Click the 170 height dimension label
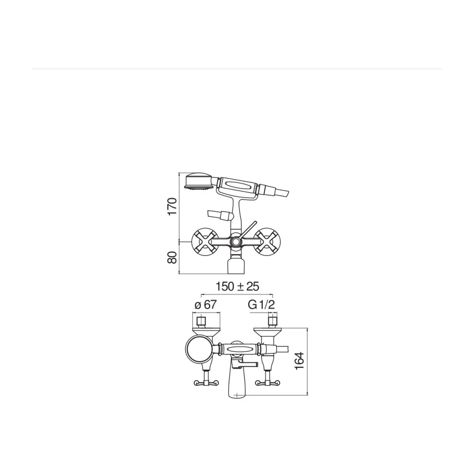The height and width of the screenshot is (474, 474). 172,206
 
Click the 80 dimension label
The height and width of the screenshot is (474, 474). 172,257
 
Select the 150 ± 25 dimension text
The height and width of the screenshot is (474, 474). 237,286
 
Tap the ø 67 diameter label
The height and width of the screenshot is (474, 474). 206,304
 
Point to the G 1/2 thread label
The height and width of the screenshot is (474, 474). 262,304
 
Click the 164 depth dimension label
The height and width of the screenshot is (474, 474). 299,361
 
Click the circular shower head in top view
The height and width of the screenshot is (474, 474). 200,349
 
